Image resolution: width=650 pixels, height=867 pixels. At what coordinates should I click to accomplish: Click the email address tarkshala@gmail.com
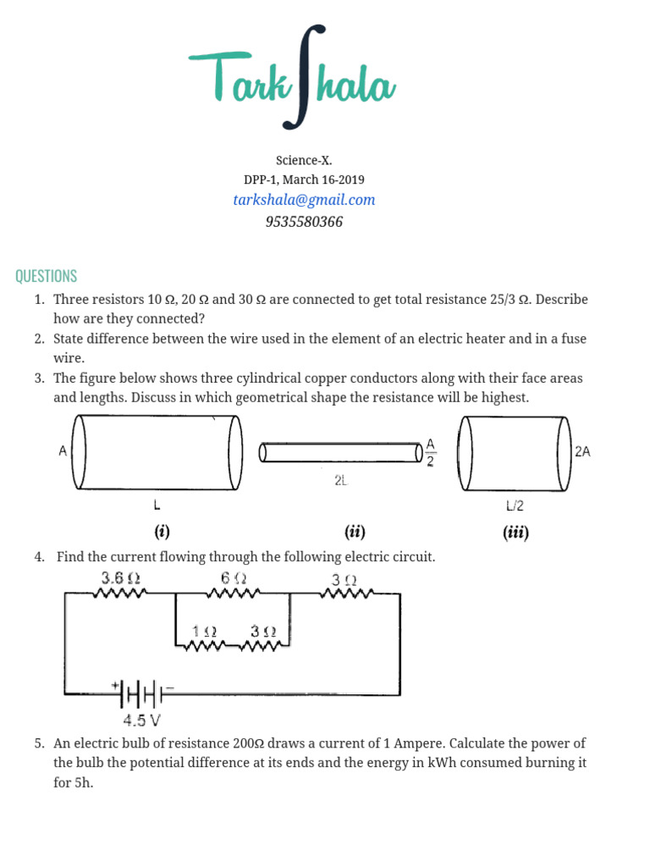tap(304, 200)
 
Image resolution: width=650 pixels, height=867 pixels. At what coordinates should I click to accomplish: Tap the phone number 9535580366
tap(304, 222)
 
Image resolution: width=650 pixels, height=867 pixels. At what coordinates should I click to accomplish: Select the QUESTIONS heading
tap(46, 276)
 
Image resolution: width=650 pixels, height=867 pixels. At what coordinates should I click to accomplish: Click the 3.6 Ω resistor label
tap(120, 578)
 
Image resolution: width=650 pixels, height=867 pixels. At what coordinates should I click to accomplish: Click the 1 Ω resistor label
tap(204, 632)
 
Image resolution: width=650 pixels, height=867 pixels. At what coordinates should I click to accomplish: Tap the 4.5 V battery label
tap(141, 721)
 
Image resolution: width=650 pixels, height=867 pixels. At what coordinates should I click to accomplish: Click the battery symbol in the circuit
tap(141, 693)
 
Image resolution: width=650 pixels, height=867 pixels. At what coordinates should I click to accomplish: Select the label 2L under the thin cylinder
tap(340, 480)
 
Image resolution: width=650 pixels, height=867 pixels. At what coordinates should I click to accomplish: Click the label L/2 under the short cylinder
tap(515, 506)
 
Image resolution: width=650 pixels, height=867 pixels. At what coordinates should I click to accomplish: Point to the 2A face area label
tap(582, 452)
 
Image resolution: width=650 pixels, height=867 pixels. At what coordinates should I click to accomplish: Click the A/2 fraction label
tap(430, 453)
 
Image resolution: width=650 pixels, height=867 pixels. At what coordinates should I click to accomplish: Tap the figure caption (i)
tap(162, 533)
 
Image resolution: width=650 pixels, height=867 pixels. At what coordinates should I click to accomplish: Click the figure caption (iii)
tap(515, 533)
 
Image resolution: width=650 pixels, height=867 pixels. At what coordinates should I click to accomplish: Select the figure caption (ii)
tap(354, 533)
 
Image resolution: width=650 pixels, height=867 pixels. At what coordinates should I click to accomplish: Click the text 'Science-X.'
tap(304, 160)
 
